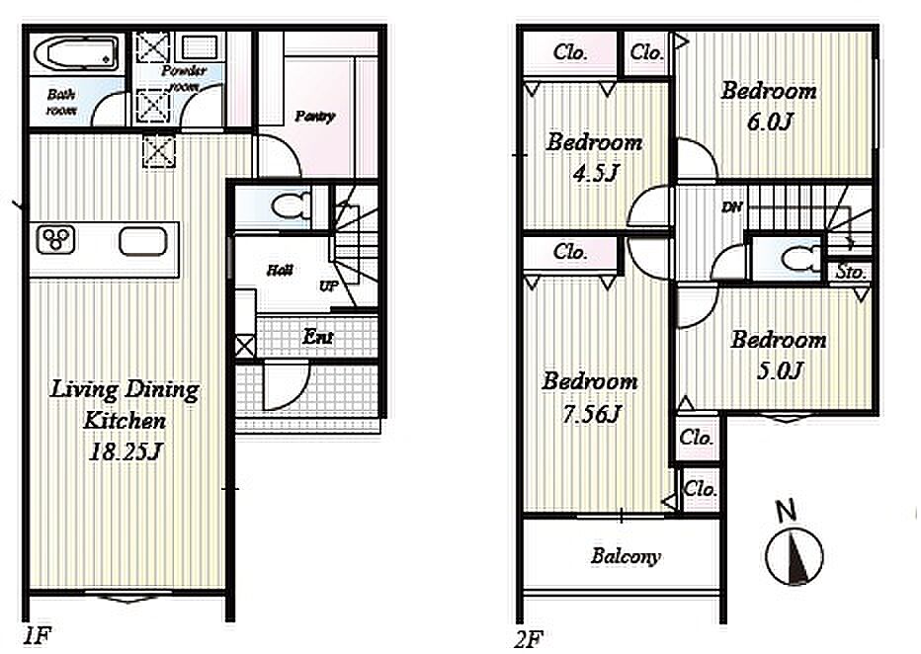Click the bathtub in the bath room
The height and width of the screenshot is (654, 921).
point(76,53)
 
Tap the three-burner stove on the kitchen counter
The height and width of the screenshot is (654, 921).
point(56,239)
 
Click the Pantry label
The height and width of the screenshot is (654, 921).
point(315,117)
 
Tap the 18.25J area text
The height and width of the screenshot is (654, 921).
point(125,451)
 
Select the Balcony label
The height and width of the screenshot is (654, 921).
point(626,556)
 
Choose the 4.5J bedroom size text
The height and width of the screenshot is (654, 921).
point(596,173)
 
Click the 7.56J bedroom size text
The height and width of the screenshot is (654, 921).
point(592,414)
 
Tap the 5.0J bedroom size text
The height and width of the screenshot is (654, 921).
point(780,370)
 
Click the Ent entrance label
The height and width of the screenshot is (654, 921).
point(318,337)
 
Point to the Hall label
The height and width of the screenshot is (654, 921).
point(280,270)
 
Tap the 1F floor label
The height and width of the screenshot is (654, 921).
point(37,636)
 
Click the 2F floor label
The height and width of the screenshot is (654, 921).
point(527,639)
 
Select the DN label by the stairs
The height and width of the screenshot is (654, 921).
point(731,206)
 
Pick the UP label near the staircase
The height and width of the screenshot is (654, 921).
point(328,286)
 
